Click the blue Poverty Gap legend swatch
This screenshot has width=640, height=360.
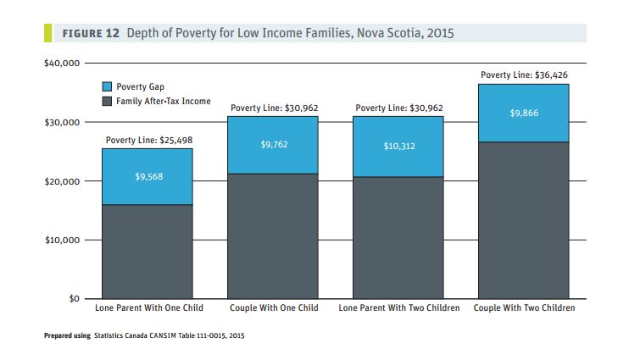tap(108, 87)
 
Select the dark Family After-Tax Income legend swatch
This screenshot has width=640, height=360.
tap(108, 102)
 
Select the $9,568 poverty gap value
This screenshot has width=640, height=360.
tap(147, 177)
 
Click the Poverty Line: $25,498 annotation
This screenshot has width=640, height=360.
tap(148, 140)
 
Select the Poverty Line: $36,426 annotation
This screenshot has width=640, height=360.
tap(524, 75)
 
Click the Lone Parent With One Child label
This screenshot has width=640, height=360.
tap(147, 307)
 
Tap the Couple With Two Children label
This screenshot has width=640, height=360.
tap(524, 307)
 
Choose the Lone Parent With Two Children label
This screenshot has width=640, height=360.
tap(398, 307)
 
